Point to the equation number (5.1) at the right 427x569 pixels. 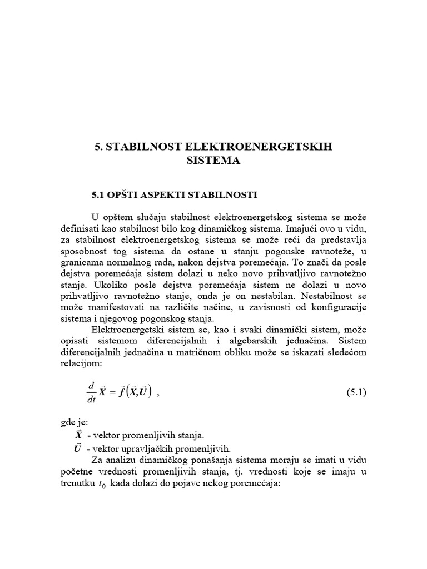click(x=356, y=392)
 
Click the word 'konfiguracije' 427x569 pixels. click(x=339, y=307)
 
